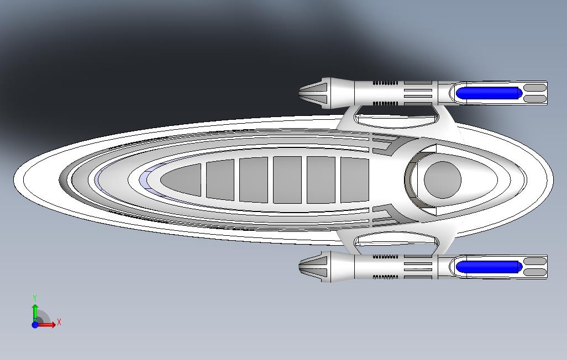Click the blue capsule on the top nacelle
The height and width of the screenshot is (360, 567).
pos(488,93)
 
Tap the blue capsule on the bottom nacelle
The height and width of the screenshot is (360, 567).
pos(488,267)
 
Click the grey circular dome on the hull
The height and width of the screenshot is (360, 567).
pos(442,179)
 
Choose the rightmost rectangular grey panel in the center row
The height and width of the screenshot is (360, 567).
pos(354,180)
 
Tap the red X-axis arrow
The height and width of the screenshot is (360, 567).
pos(48,325)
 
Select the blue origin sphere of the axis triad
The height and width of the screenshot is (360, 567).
pos(35,325)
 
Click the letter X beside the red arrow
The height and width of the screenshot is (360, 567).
pos(59,322)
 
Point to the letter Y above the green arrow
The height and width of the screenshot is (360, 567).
pos(35,298)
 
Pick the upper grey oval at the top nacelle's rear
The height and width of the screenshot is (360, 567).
pos(534,87)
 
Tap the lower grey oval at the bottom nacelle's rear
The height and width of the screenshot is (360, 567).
pos(534,272)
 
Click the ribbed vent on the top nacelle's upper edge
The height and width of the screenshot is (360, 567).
pos(385,83)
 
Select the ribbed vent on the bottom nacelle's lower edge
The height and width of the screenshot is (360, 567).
pos(385,277)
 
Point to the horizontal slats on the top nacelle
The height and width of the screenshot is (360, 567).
pos(418,93)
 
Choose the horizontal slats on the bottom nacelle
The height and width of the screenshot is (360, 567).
pos(418,267)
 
